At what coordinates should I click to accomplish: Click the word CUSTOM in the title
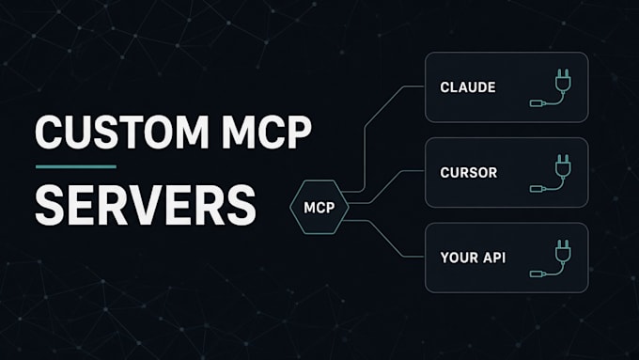(x=122, y=133)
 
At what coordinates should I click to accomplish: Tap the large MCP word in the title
(x=267, y=133)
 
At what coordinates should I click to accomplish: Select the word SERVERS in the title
(x=146, y=205)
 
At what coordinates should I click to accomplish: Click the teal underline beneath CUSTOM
(x=76, y=166)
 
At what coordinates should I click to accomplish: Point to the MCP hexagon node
(x=319, y=207)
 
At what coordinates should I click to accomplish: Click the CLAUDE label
(x=468, y=87)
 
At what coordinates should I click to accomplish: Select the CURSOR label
(x=469, y=172)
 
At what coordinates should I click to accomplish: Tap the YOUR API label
(x=473, y=258)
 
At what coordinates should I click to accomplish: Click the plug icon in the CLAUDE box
(x=551, y=88)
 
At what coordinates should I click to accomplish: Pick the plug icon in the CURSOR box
(x=551, y=173)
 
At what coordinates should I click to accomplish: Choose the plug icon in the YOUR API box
(x=551, y=258)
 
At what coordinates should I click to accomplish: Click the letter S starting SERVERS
(x=49, y=205)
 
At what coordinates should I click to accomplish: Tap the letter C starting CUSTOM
(x=49, y=133)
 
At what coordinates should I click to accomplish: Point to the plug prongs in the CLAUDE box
(x=563, y=73)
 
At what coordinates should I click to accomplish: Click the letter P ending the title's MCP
(x=299, y=133)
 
